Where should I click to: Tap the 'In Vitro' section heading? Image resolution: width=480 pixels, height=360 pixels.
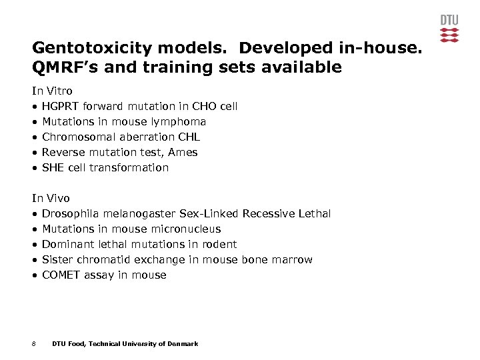[x=53, y=91]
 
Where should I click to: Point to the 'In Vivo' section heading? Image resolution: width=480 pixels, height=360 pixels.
[x=51, y=198]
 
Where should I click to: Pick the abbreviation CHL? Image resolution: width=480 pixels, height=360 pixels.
[x=188, y=137]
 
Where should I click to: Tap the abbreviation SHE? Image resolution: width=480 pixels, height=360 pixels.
[x=53, y=167]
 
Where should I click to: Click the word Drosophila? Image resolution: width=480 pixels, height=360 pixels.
[x=70, y=213]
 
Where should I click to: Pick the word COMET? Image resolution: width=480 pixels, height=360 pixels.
[x=61, y=275]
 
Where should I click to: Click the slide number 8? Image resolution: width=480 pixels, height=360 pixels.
[x=34, y=344]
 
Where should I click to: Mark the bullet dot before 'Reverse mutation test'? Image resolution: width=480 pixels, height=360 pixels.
[x=35, y=153]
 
